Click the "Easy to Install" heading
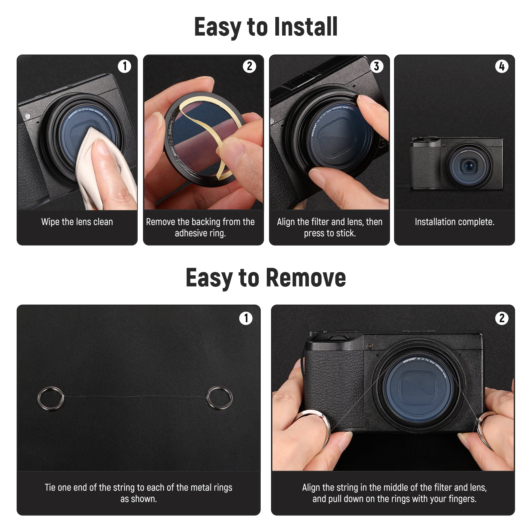coord(266,27)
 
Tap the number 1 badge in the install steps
coord(124,66)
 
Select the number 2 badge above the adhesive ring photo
coord(249,66)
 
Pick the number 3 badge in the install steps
coord(376,66)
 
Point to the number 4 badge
coord(502,66)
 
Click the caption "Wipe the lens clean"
coord(77,222)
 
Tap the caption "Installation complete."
coord(455,222)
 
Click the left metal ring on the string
coord(51,398)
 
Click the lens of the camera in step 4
coord(469,165)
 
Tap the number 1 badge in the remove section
coord(246,318)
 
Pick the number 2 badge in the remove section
coord(502,318)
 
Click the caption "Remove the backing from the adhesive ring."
coord(200,227)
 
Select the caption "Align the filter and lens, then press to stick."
coord(330,227)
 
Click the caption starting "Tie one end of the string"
coord(139,493)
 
